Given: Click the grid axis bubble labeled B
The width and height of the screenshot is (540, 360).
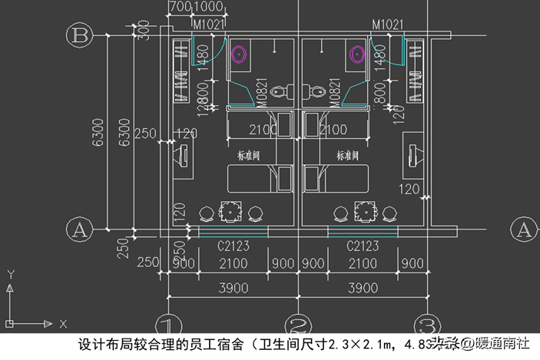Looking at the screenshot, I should (x=79, y=35).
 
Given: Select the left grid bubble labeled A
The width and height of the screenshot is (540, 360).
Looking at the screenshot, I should (x=79, y=228).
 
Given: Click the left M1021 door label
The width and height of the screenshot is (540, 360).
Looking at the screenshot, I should (x=208, y=25).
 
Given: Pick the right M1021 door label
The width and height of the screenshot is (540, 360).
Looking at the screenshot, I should (x=388, y=25).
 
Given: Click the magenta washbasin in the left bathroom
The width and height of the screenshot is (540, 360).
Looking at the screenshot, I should (x=240, y=54).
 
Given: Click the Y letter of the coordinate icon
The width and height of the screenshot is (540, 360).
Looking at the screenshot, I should (x=10, y=273).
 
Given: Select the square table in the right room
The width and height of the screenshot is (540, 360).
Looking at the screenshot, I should (x=363, y=210).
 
